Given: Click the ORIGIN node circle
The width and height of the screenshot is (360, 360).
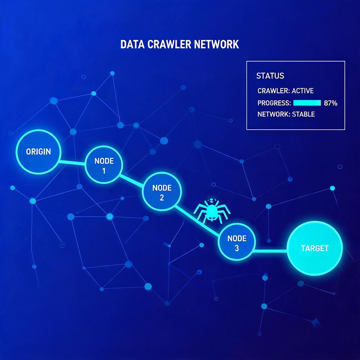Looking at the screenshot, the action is pyautogui.click(x=38, y=152).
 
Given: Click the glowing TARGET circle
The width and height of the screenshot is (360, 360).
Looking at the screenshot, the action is pyautogui.click(x=315, y=248).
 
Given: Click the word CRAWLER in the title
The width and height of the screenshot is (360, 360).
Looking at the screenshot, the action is pyautogui.click(x=169, y=44).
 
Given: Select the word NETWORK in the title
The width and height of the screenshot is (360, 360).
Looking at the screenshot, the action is pyautogui.click(x=217, y=44).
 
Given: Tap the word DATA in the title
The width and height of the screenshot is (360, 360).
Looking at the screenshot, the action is pyautogui.click(x=133, y=44).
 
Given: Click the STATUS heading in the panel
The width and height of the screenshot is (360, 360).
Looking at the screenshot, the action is pyautogui.click(x=270, y=76).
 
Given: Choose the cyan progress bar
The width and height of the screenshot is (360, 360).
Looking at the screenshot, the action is pyautogui.click(x=307, y=103).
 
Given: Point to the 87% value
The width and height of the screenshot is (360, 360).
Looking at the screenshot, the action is pyautogui.click(x=331, y=103).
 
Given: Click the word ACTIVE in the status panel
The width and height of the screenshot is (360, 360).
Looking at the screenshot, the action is pyautogui.click(x=303, y=91).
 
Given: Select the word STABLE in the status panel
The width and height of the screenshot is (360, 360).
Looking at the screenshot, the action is pyautogui.click(x=303, y=114).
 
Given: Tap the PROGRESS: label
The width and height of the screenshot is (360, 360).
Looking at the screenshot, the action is pyautogui.click(x=274, y=103).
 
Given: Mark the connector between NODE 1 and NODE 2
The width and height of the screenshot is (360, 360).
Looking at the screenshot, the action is pyautogui.click(x=132, y=181).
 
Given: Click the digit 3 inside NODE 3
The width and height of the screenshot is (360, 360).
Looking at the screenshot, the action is pyautogui.click(x=237, y=248).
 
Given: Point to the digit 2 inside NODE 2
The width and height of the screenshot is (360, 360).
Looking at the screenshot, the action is pyautogui.click(x=162, y=198).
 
